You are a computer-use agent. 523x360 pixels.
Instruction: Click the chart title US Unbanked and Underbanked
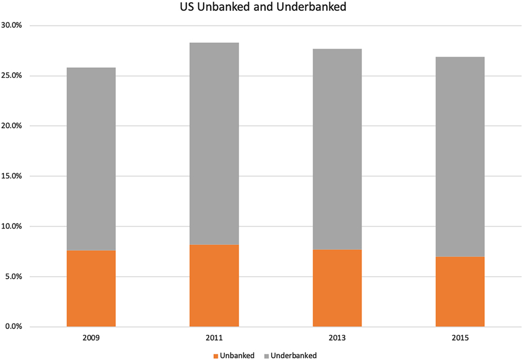tap(261, 9)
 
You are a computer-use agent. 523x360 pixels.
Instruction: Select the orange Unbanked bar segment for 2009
tap(91, 288)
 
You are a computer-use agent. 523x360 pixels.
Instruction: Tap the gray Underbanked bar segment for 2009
tap(91, 159)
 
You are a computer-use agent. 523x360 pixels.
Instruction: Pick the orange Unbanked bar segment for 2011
tap(214, 286)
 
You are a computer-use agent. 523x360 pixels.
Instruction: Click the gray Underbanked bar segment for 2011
tap(214, 144)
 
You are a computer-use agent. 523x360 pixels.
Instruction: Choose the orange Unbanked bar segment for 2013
tap(337, 288)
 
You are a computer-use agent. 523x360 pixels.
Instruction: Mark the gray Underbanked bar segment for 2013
tap(337, 149)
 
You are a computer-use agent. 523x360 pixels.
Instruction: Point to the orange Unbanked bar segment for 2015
tap(460, 292)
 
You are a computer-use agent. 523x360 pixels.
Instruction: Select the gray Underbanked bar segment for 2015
tap(460, 157)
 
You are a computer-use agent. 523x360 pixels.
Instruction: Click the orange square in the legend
tap(216, 355)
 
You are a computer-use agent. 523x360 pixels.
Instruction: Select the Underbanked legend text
tap(294, 355)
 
